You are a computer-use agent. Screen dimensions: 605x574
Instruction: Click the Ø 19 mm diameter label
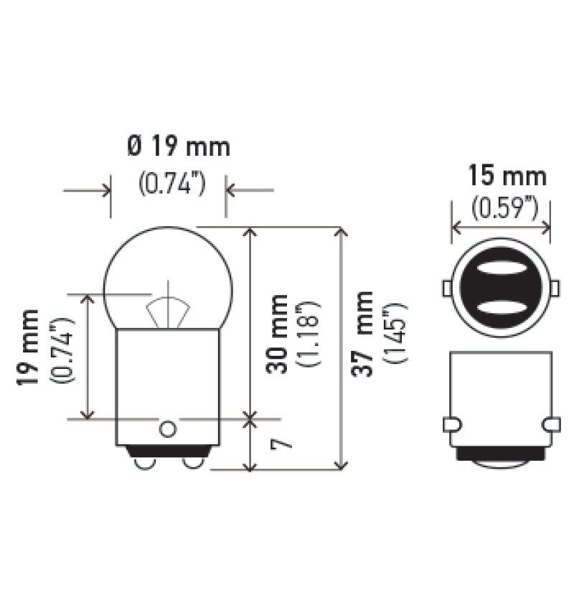coord(179,148)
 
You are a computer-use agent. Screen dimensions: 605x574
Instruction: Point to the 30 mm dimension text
coord(278,333)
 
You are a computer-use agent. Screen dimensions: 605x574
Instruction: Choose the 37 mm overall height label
coord(363,333)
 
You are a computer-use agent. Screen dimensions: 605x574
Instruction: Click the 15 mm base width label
coord(507,175)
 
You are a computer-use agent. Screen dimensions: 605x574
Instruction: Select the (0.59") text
coord(505,208)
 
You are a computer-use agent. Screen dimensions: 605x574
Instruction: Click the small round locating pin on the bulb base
coord(167,429)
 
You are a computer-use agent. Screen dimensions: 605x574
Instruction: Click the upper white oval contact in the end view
coord(500,268)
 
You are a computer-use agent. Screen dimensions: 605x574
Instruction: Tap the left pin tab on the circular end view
coord(446,288)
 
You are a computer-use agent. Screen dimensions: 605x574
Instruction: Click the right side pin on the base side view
coord(551,425)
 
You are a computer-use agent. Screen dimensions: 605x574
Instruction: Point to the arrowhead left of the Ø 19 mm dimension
coord(105,191)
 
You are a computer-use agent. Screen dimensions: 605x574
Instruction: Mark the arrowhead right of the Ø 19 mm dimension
coord(232,191)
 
